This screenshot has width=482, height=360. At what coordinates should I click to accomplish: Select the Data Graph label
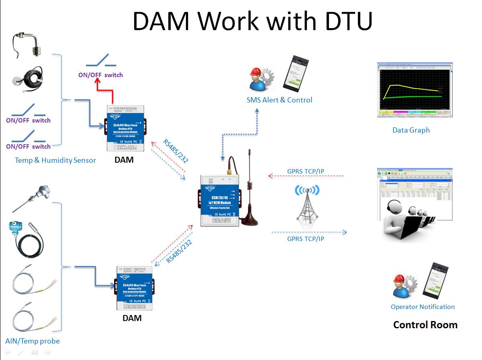click(x=411, y=130)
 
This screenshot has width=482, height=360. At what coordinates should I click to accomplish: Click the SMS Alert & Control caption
click(x=279, y=100)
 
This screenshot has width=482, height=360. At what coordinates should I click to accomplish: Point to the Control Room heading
click(x=425, y=325)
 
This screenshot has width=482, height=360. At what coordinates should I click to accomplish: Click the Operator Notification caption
click(x=423, y=307)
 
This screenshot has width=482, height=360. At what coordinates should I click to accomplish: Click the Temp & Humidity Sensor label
click(x=55, y=160)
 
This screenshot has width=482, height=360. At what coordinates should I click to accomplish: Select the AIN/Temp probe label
click(x=33, y=341)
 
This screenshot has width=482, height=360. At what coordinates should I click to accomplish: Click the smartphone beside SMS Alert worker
click(x=296, y=72)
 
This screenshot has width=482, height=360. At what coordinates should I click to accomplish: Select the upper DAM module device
click(x=126, y=128)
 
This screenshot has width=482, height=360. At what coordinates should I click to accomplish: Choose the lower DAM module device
click(x=134, y=288)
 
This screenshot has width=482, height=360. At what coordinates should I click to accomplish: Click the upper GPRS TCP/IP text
click(x=306, y=172)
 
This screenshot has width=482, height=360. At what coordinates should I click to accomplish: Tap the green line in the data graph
click(x=414, y=97)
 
